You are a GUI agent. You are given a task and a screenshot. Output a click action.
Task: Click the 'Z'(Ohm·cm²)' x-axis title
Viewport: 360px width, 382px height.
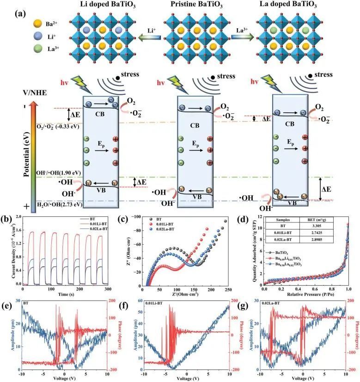tap(185, 294)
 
